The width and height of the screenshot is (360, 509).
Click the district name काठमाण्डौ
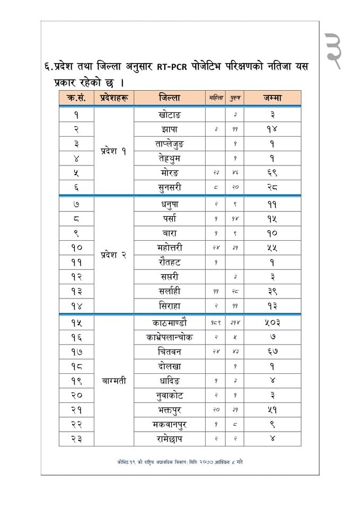click(169, 322)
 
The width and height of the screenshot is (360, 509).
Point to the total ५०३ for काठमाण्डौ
click(272, 322)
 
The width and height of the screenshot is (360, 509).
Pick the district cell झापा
click(169, 129)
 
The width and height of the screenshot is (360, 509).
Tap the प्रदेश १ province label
click(113, 151)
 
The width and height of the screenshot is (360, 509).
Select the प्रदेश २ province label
click(113, 254)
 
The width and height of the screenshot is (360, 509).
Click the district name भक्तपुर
click(169, 409)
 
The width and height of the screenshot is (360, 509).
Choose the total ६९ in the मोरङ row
click(272, 173)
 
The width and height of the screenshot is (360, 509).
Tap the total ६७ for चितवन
click(272, 352)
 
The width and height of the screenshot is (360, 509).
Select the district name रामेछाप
click(169, 438)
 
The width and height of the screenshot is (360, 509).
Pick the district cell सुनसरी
click(169, 187)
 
